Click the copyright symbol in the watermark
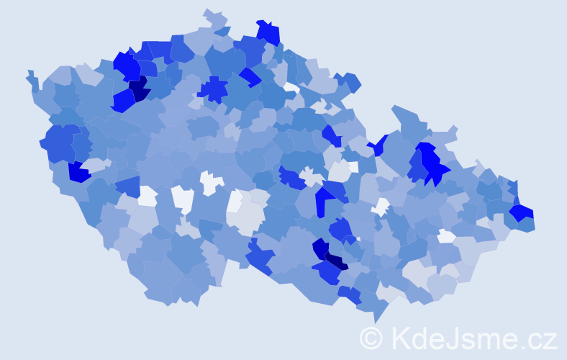pos(371,337)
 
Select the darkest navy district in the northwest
pos(139,89)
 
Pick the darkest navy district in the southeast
pos(335,261)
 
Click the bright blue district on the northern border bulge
pos(268,32)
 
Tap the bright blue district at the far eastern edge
pos(522,212)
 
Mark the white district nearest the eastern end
pos(447,236)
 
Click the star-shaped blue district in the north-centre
pos(213,89)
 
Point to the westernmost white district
pos(147,195)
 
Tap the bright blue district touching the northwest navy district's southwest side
pos(122,102)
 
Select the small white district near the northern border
pos(291,87)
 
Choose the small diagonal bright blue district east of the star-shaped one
pos(250,76)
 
